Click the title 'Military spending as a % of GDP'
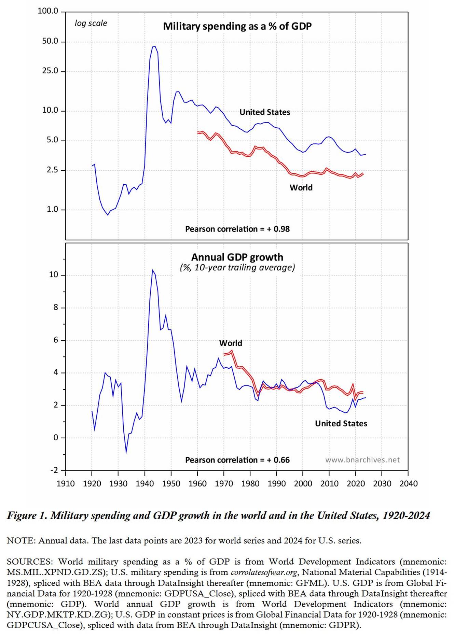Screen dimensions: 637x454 tap(237, 26)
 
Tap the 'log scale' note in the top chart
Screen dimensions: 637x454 tap(91, 23)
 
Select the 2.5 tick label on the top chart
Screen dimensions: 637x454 tap(52, 170)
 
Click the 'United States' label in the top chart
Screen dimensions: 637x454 tap(265, 112)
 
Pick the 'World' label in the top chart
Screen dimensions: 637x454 tap(301, 188)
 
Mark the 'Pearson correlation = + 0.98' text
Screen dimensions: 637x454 tap(237, 229)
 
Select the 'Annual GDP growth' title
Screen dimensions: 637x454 tap(237, 257)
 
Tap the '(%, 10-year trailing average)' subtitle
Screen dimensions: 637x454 tap(237, 267)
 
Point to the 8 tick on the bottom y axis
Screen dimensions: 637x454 tap(56, 308)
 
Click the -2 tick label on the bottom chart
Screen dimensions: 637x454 tap(54, 470)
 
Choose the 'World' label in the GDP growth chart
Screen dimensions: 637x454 tap(231, 343)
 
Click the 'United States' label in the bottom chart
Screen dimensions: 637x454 tap(341, 424)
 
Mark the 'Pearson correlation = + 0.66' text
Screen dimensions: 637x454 tap(237, 460)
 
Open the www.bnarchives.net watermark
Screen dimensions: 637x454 tap(362, 460)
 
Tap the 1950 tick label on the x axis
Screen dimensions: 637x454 tap(171, 484)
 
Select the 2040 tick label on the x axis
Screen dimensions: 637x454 tap(409, 484)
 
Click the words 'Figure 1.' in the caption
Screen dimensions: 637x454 tap(27, 515)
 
